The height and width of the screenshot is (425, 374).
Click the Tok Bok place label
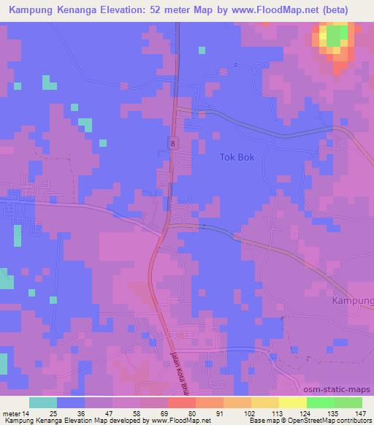coord(237,156)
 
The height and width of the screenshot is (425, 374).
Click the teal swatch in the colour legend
coord(43,402)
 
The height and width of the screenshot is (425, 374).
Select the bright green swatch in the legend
coord(321,402)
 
